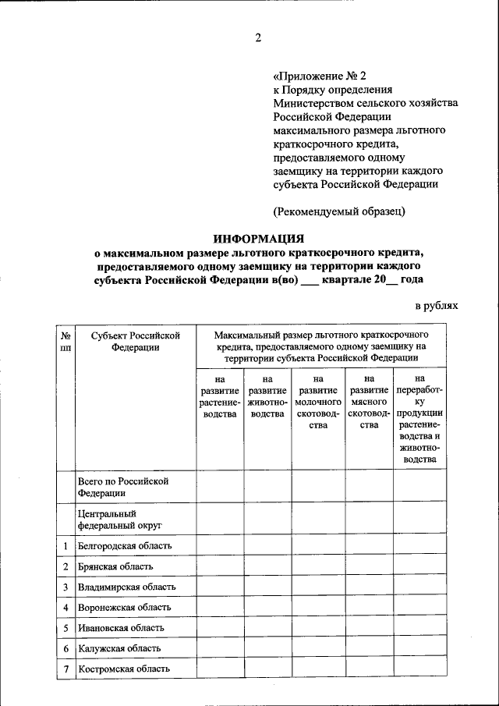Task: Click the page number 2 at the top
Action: point(259,37)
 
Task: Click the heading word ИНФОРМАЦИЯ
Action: point(259,239)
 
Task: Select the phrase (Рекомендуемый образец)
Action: point(339,211)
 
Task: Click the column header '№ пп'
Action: point(65,341)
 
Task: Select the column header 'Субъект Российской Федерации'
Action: point(135,341)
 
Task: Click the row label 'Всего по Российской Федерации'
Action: point(123,488)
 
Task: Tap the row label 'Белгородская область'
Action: point(124,546)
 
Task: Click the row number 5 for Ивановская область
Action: point(65,627)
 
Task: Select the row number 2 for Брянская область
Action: point(65,566)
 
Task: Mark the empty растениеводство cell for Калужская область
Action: point(219,648)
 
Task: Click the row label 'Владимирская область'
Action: point(126,587)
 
